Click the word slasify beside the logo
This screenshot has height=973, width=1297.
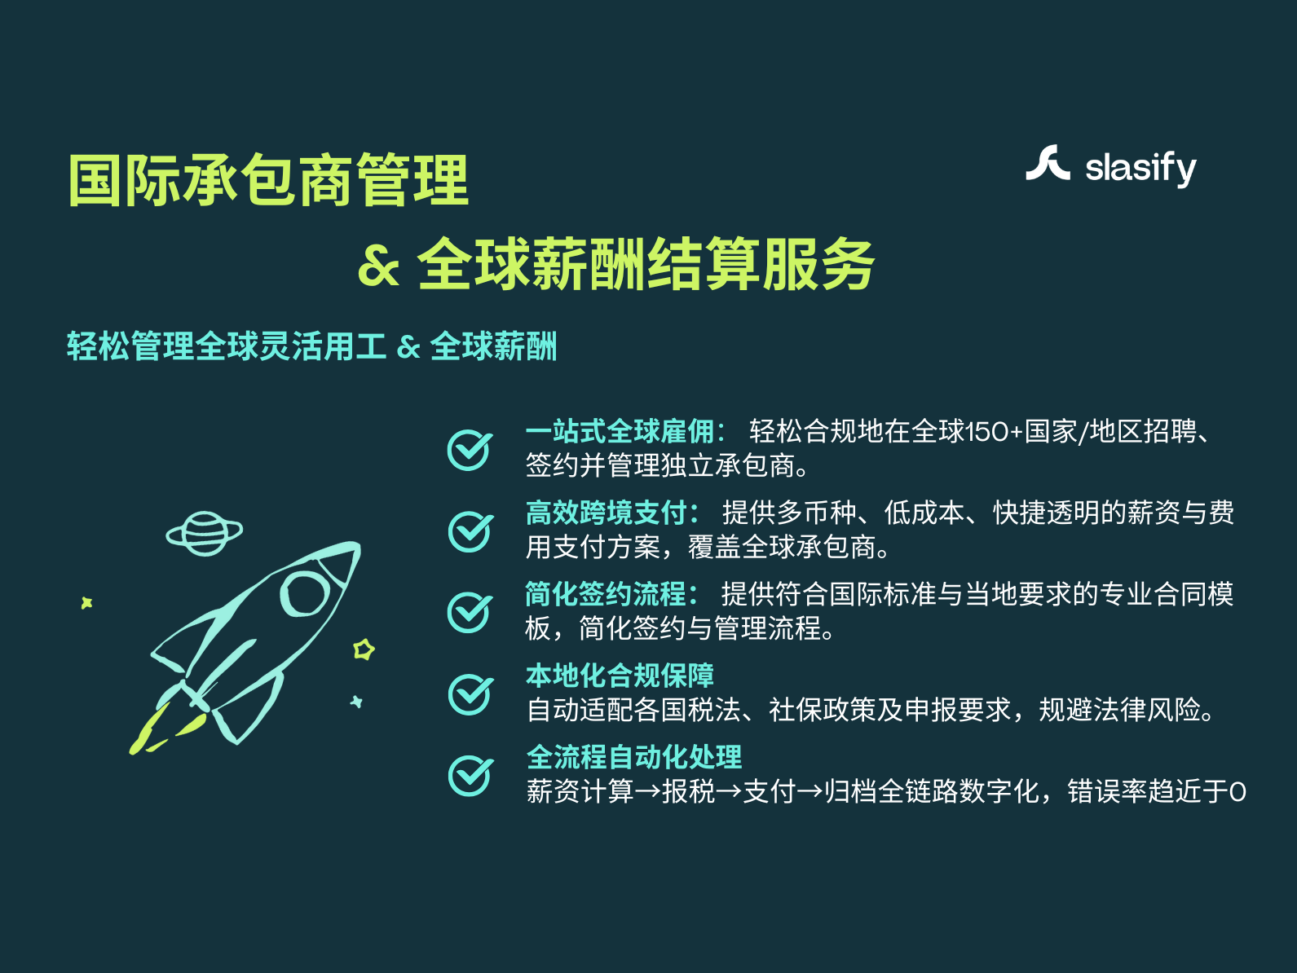[1140, 169]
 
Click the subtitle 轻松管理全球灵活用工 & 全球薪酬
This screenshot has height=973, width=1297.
[312, 346]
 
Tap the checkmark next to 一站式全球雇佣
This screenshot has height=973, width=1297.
[470, 450]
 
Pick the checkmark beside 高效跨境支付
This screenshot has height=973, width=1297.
[470, 531]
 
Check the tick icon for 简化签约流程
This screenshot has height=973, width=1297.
[470, 612]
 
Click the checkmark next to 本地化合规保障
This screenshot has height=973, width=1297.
[470, 693]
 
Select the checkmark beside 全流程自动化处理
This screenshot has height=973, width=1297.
[470, 775]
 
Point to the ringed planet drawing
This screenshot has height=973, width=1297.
[205, 534]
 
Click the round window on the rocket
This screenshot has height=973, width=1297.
[305, 593]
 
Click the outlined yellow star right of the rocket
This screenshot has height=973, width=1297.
[364, 649]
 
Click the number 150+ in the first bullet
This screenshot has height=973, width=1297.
[993, 432]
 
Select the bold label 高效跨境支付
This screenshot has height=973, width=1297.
[612, 513]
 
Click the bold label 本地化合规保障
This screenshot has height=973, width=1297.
[620, 676]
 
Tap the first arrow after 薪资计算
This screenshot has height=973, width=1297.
[647, 792]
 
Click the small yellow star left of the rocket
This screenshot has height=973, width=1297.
[87, 603]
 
